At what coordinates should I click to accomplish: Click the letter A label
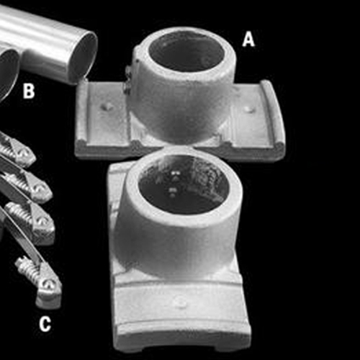point(248,39)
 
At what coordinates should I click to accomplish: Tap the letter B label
point(29,91)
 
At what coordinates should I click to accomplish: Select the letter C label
point(45,324)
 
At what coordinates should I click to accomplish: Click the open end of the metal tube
point(84,57)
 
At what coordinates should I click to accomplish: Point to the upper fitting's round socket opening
point(186,51)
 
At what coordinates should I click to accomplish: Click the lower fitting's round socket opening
point(183,184)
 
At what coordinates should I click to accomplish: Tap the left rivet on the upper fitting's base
point(107,107)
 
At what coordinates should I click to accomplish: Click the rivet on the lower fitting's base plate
point(180,302)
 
